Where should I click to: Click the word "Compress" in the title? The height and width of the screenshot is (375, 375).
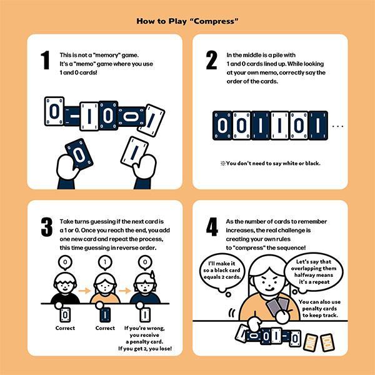click(216, 21)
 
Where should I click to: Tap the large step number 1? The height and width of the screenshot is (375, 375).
click(45, 60)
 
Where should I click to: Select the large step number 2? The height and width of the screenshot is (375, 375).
click(211, 60)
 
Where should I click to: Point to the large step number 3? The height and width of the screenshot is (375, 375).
click(47, 227)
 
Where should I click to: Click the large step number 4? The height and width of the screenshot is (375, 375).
click(212, 227)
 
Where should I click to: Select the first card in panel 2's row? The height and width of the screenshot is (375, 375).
click(222, 126)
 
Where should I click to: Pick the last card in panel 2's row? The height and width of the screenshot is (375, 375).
click(318, 126)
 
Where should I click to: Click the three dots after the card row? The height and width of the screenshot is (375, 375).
click(338, 126)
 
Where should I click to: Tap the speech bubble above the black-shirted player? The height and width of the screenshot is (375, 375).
click(65, 262)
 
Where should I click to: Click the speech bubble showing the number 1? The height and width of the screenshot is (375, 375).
click(105, 262)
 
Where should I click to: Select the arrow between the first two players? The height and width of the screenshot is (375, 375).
click(84, 291)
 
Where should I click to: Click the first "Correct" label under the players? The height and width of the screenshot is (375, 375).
click(65, 328)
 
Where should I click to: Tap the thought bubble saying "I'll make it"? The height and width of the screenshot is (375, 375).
click(222, 271)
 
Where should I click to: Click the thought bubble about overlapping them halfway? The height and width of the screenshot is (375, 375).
click(314, 272)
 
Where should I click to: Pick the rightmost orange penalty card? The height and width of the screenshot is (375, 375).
click(327, 342)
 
